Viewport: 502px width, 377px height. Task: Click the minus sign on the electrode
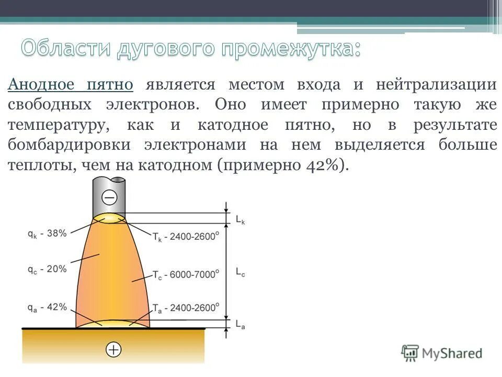coord(109,198)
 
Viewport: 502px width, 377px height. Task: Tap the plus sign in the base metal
coord(113,349)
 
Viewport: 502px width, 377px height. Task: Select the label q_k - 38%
coord(47,234)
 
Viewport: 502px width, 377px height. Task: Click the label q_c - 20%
coord(47,269)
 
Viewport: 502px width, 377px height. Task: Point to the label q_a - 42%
coord(47,307)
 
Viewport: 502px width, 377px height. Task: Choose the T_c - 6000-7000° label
coord(186,273)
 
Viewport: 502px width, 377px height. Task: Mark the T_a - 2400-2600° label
coord(186,308)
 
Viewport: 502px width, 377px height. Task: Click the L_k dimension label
coord(240,220)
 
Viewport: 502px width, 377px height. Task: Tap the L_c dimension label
coord(240,272)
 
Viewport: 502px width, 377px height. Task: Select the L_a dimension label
coord(240,325)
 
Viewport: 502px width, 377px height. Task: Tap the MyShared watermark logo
coord(442,353)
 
